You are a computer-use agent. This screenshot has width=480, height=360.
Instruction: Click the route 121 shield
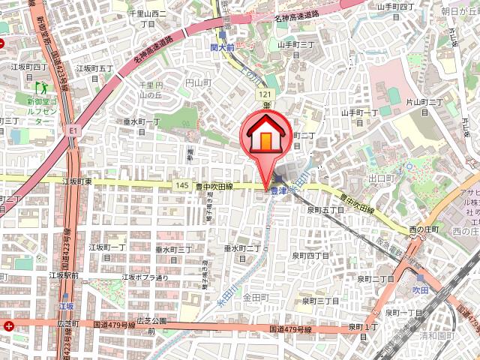tap(265, 95)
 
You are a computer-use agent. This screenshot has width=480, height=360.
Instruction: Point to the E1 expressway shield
tap(73, 130)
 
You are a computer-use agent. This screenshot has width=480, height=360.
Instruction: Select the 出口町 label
tap(382, 178)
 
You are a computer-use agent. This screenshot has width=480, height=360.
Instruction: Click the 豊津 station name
tap(280, 191)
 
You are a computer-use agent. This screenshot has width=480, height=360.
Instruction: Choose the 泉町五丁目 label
tap(324, 211)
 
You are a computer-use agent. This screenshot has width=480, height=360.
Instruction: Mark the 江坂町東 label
tap(77, 181)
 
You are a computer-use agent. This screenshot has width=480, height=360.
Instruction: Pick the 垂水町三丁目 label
tap(175, 249)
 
